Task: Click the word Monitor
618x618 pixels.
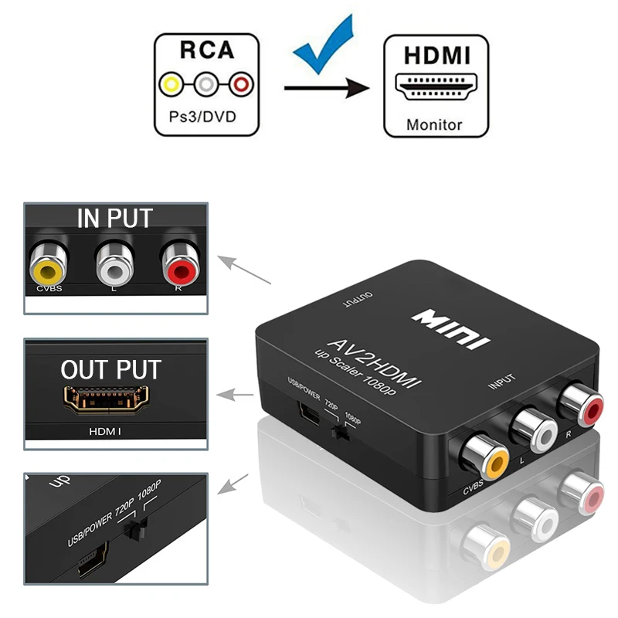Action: pyautogui.click(x=435, y=124)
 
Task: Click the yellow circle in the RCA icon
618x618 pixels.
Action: pyautogui.click(x=171, y=83)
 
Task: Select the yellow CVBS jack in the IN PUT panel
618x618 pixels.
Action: pyautogui.click(x=48, y=268)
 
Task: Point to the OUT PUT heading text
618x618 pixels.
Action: pyautogui.click(x=111, y=369)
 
